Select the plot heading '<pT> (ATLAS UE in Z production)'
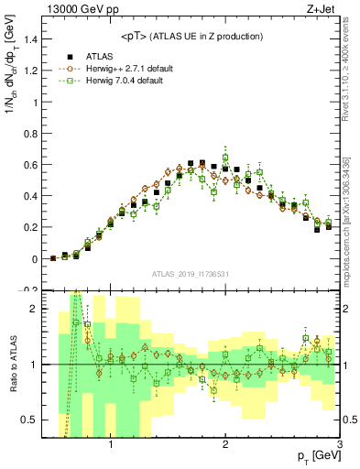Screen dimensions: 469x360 [191, 36]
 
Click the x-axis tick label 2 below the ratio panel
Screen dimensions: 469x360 [225, 448]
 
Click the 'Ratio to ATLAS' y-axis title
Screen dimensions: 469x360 [11, 365]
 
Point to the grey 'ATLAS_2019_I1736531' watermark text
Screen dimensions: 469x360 [191, 274]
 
